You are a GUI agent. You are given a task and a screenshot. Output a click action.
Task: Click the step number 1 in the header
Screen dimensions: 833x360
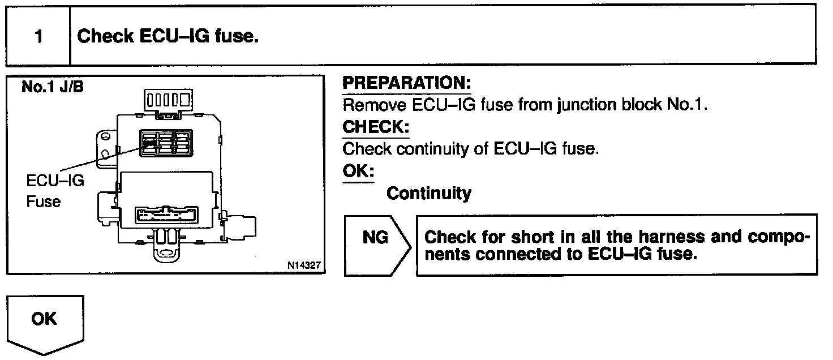click(38, 37)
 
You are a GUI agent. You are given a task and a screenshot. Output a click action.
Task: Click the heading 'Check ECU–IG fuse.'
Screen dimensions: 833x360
click(168, 36)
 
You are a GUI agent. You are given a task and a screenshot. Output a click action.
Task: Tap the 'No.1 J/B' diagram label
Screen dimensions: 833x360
click(52, 88)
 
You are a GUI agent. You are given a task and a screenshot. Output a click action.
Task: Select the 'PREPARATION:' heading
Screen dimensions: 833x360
click(407, 83)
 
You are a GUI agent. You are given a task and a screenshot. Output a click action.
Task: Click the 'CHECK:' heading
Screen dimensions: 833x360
click(376, 127)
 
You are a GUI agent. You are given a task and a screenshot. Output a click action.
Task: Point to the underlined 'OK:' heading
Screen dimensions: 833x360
click(358, 171)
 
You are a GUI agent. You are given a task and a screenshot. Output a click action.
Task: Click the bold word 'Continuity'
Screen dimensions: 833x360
click(428, 194)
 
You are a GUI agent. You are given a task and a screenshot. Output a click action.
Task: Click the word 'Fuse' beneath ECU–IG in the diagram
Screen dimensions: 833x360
click(43, 201)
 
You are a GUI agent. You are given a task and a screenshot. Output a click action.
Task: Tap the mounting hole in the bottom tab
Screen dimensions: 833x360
click(169, 252)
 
